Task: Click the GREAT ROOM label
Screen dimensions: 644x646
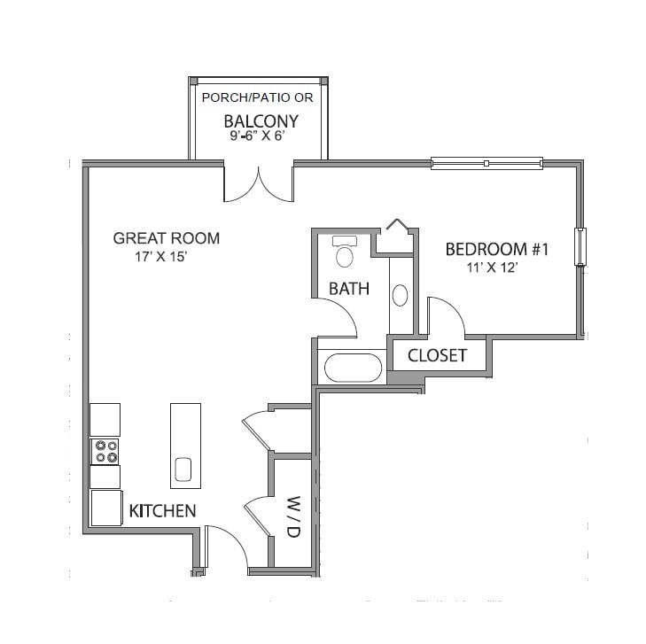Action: (167, 238)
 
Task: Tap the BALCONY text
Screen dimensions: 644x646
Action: (261, 121)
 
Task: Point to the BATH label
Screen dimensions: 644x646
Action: (349, 289)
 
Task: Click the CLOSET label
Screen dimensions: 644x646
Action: (437, 356)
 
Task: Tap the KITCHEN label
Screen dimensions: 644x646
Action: (162, 511)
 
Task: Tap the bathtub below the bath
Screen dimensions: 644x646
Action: (353, 368)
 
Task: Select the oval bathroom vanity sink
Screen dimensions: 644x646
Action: (400, 295)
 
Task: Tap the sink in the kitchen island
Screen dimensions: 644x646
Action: (183, 468)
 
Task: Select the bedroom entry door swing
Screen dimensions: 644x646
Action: (444, 317)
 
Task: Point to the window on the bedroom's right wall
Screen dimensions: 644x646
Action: (580, 246)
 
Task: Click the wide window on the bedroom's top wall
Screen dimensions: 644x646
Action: (486, 163)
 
